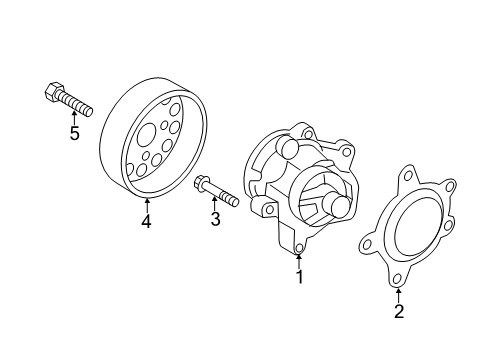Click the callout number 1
tap(299, 277)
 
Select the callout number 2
tap(399, 311)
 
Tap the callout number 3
tap(215, 219)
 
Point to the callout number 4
tap(146, 220)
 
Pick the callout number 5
tap(74, 133)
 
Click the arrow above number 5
tap(74, 118)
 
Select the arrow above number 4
tap(146, 205)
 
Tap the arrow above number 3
tap(215, 204)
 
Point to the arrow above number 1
tap(299, 261)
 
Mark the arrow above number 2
tap(399, 295)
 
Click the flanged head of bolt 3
tap(201, 184)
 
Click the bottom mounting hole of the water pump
tap(300, 248)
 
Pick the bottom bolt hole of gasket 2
tap(397, 278)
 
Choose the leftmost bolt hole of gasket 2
tap(368, 244)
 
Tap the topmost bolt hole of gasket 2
tap(408, 176)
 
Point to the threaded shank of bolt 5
tap(75, 103)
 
